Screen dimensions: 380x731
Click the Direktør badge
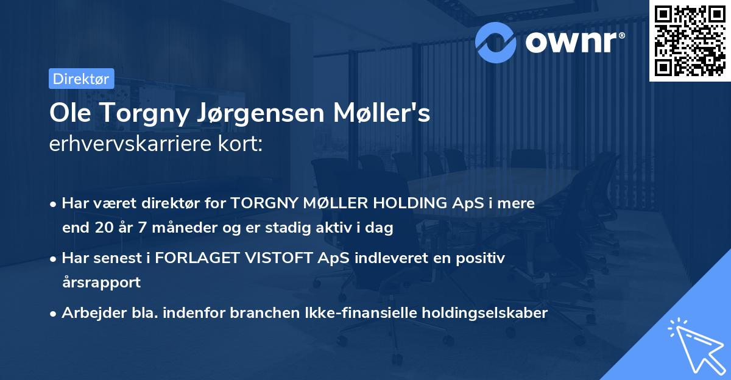coord(81,79)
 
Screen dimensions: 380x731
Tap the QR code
coord(690,41)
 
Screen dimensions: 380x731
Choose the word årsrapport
coord(101,283)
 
